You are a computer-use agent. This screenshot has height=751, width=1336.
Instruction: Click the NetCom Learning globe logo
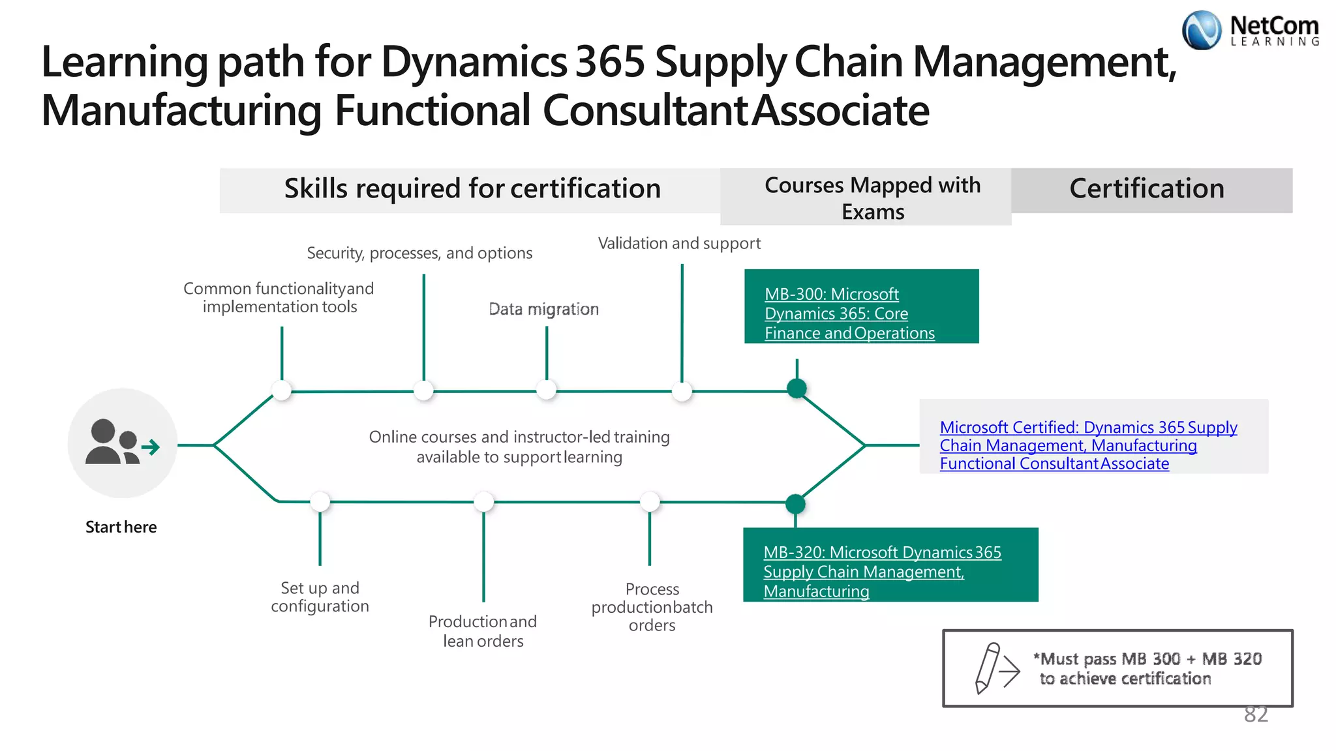coord(1201,31)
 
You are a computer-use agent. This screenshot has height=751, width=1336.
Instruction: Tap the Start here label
coord(121,527)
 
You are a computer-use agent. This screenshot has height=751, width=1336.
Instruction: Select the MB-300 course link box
coord(860,306)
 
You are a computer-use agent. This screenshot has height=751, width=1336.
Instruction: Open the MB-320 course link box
coord(890,565)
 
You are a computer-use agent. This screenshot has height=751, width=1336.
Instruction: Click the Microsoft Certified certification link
coord(1087,445)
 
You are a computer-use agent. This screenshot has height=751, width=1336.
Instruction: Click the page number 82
coord(1255,714)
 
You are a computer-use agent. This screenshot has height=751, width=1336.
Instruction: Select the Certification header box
coord(1151,190)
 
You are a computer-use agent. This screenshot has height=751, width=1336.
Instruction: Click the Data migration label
coord(543,309)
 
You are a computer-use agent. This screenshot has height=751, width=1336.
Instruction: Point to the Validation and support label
coord(679,244)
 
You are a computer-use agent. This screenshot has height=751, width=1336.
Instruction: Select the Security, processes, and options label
coord(419,253)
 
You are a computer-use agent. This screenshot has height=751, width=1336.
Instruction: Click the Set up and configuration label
coord(320,597)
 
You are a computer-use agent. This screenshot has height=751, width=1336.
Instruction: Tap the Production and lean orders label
coord(483,631)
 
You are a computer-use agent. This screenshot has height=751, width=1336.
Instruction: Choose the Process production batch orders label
coord(652,607)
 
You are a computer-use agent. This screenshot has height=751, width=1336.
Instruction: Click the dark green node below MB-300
coord(797,389)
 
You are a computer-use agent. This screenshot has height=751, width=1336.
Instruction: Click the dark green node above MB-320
coord(795,504)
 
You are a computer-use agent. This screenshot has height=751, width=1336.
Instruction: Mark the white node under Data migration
coord(546,390)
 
